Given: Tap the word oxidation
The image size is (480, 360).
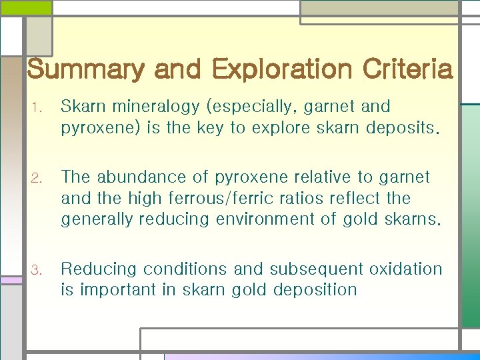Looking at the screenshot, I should [406, 269].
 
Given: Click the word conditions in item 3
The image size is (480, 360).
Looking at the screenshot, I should [184, 269].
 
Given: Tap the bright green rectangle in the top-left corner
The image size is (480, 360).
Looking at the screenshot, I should [25, 7].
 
